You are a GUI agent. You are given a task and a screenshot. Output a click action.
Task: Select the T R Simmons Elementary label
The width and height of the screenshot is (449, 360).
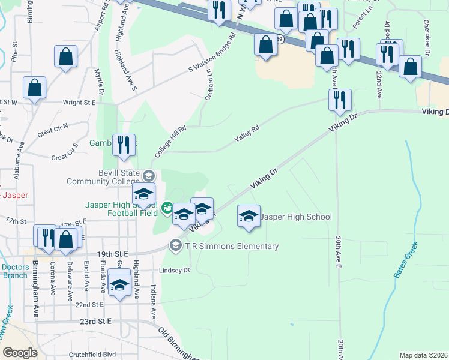pos(232,246)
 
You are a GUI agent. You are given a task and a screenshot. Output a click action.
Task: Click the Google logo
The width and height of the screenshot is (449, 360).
pos(20,352)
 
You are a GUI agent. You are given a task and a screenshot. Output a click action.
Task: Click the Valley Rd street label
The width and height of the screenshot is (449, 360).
pos(246,137)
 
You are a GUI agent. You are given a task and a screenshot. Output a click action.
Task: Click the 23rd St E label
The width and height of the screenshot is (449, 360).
pos(96,322)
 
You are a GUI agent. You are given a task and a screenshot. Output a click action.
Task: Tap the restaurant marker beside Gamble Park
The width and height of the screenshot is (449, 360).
pos(124,146)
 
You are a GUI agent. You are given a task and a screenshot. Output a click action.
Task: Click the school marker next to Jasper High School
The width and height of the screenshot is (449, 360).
pos(249,217)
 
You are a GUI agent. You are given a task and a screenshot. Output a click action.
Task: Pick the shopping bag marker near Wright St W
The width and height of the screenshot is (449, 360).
pos(35,88)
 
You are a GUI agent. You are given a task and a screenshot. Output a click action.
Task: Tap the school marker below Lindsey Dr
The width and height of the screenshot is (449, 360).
pos(119,286)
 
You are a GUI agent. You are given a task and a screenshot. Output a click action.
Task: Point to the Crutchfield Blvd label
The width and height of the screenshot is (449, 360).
pos(92,354)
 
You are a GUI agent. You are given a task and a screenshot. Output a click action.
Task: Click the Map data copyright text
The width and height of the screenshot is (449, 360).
pos(423,355)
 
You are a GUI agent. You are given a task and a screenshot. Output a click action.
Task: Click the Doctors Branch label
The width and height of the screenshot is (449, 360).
pos(14,271)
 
